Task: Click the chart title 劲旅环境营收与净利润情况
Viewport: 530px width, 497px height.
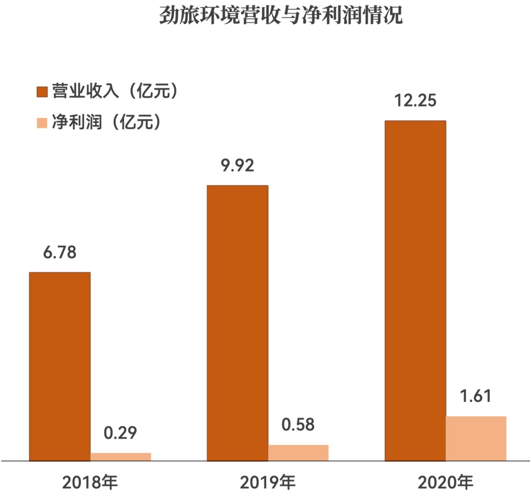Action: (281, 15)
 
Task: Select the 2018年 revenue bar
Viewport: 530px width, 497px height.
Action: (60, 366)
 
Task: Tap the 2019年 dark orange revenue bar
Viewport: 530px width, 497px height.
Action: (237, 322)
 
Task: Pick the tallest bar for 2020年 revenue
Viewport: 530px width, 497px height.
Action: (415, 289)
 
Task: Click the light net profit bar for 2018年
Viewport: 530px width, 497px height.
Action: (121, 457)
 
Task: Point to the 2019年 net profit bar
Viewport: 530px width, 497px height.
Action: (298, 453)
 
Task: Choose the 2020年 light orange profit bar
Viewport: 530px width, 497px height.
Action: (476, 439)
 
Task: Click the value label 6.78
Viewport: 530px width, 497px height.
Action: (60, 253)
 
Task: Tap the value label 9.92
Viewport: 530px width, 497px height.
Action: (237, 166)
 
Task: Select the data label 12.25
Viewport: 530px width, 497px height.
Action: (415, 101)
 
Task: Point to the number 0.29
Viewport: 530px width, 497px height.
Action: (120, 434)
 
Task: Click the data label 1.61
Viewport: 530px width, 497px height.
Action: (475, 397)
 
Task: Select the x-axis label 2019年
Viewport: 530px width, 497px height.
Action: (268, 482)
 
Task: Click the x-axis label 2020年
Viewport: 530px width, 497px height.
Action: (445, 482)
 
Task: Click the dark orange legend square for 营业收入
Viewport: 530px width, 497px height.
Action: (42, 92)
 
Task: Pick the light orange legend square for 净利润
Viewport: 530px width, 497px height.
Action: (42, 122)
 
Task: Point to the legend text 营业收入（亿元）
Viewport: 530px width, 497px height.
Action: (115, 92)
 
